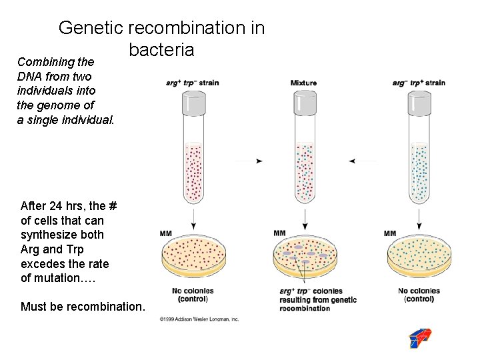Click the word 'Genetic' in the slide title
point(91,28)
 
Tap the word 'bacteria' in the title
point(161,49)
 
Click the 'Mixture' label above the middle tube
point(304,83)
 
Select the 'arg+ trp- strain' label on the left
point(193,83)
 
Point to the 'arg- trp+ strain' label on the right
point(419,83)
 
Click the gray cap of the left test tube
point(193,103)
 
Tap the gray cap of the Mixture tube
point(305,103)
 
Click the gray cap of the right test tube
point(419,103)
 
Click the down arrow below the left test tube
point(193,217)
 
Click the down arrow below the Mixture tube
point(305,217)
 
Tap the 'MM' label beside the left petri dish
point(167,233)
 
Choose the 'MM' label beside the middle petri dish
point(280,233)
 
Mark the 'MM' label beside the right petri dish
point(390,233)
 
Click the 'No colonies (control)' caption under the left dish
point(193,295)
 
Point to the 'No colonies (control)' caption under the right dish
point(419,295)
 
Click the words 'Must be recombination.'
point(82,307)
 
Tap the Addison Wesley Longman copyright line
point(199,319)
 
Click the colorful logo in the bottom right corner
point(419,339)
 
